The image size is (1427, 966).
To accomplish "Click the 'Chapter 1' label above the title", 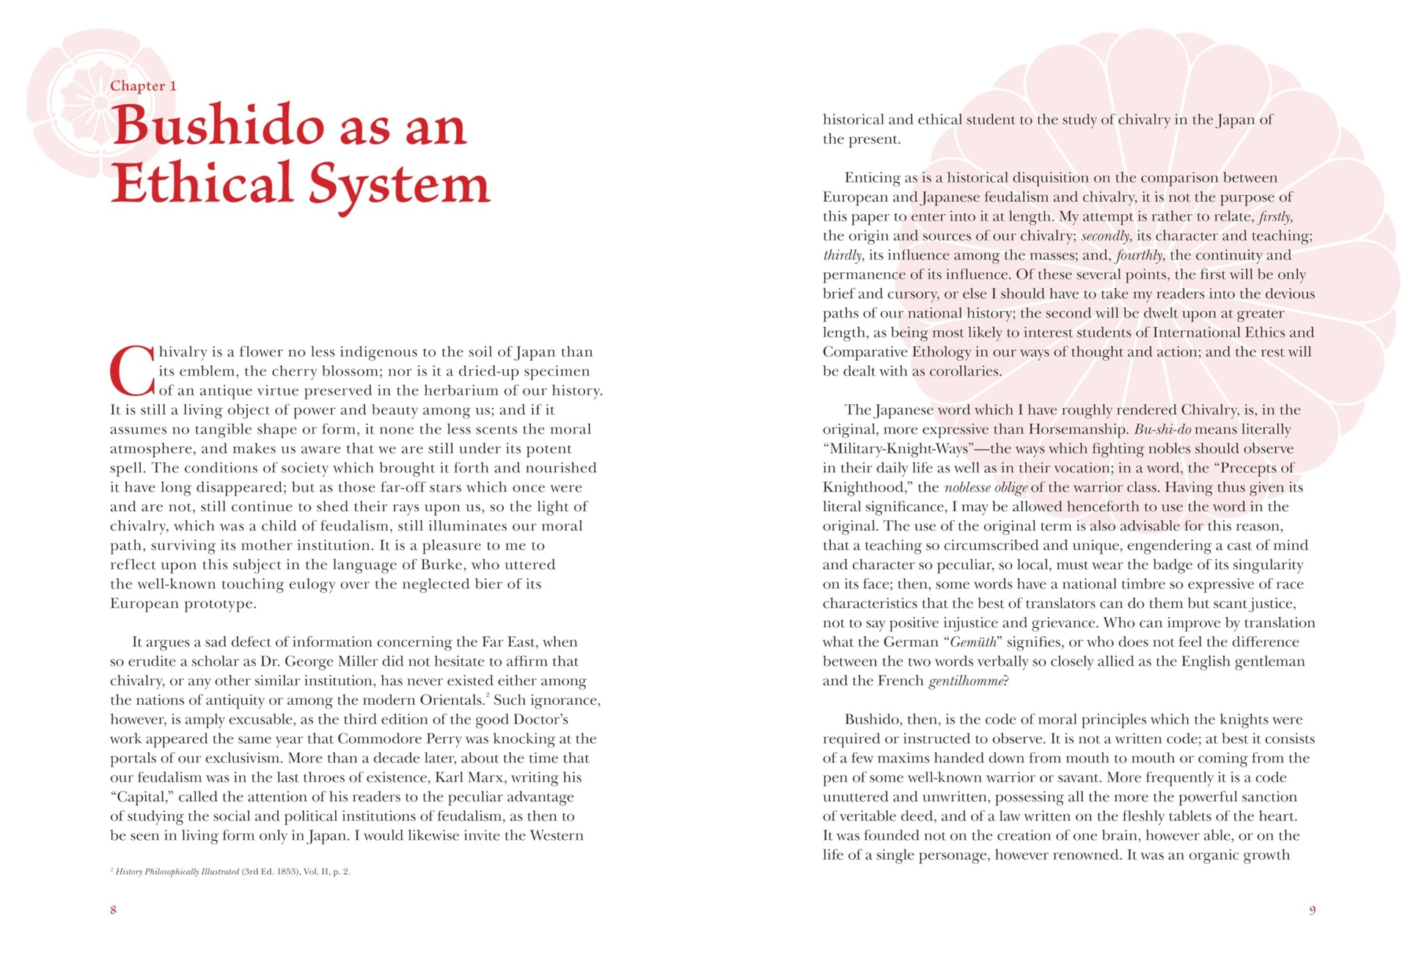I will (143, 86).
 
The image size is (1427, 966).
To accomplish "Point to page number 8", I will (113, 910).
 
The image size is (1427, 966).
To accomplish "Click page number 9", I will (1312, 910).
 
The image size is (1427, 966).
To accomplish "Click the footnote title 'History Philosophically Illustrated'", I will (177, 871).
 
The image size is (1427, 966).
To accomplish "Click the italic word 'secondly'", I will (1104, 235).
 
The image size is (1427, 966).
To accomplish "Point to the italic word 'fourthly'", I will (1139, 255).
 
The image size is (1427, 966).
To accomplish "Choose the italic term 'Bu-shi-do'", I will (1162, 429).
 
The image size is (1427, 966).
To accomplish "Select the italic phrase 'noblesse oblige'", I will (986, 488).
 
